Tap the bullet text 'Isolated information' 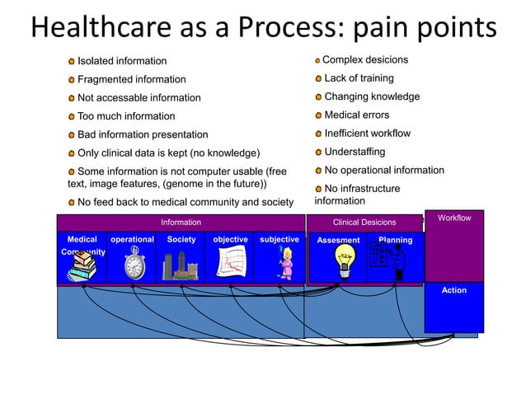(121, 61)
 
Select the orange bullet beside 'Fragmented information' (72, 80)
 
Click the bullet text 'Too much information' (126, 116)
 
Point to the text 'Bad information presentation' (143, 134)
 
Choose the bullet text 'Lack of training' (359, 78)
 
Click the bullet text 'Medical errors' (356, 115)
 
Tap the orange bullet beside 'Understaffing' (318, 152)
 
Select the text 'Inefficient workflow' (367, 134)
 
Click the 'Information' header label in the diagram (181, 222)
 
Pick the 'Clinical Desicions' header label (364, 222)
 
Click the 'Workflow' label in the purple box (454, 218)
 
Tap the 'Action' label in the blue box (454, 290)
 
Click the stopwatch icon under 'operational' (134, 264)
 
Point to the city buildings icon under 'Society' (181, 265)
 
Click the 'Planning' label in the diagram (395, 240)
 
